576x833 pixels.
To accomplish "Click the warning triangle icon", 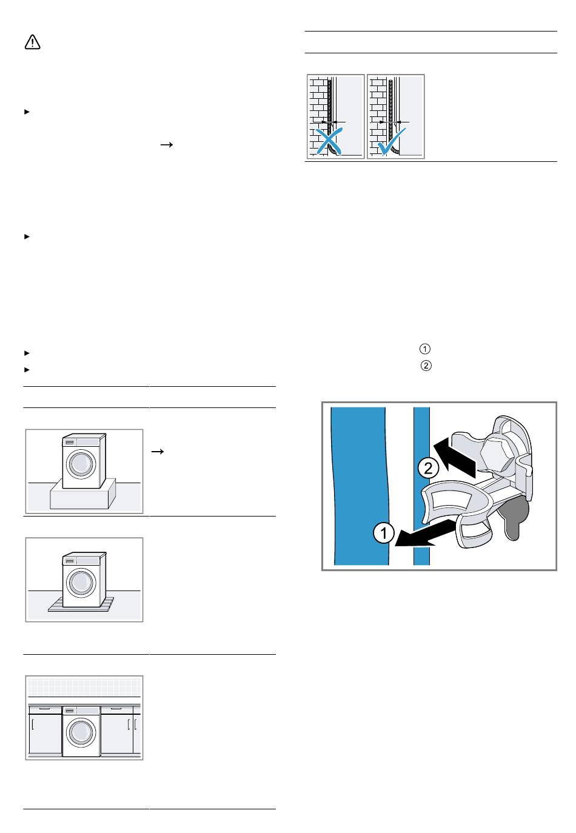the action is (x=32, y=42).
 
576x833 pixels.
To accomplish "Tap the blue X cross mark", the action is (x=329, y=141).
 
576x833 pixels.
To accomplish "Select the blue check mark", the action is (x=391, y=141).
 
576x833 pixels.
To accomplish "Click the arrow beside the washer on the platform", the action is (x=158, y=452).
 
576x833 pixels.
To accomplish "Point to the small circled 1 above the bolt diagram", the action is (x=424, y=349).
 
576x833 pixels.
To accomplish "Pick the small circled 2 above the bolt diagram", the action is (x=426, y=366).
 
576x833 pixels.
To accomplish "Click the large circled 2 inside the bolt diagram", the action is (x=429, y=468).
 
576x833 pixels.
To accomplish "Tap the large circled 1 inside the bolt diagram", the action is (x=384, y=532).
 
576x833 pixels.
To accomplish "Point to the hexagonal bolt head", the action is (x=497, y=452).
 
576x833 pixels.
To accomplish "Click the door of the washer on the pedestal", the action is (x=81, y=464).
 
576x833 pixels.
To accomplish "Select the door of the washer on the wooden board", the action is (x=81, y=583).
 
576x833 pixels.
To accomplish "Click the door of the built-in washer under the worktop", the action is (x=81, y=732).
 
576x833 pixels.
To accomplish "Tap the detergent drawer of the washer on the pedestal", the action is (x=70, y=442).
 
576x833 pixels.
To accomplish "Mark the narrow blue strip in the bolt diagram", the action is (x=421, y=486).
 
